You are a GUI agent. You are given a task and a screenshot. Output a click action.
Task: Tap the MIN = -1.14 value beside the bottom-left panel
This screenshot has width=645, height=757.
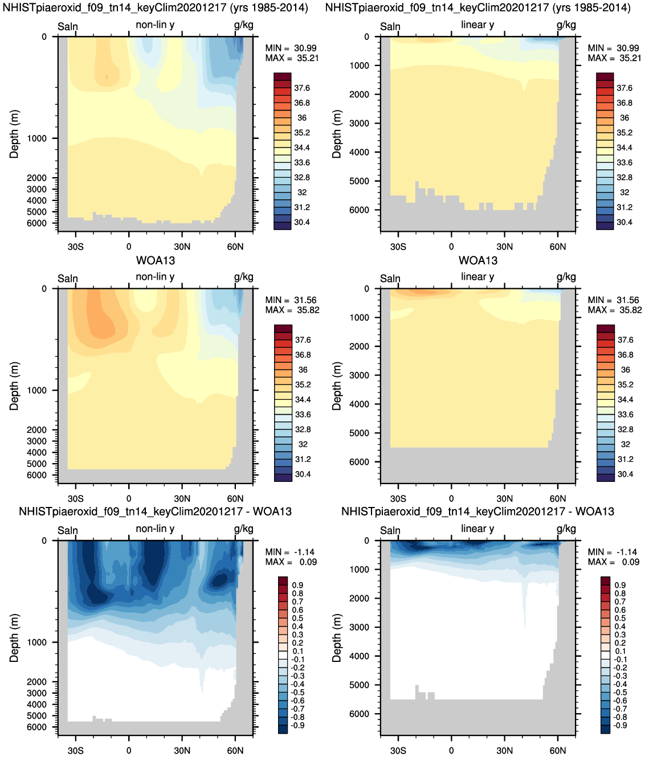(x=289, y=552)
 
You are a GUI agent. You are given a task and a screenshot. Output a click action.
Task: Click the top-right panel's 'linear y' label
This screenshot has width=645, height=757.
(x=477, y=25)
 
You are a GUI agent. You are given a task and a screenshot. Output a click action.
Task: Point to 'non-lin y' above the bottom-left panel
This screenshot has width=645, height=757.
(x=155, y=529)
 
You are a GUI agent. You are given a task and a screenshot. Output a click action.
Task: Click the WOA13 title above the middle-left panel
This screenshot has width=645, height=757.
(x=156, y=260)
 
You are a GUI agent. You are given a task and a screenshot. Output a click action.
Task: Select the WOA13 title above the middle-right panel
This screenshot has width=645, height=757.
(x=478, y=260)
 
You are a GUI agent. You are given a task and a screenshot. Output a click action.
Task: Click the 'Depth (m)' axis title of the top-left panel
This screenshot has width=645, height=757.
(x=14, y=134)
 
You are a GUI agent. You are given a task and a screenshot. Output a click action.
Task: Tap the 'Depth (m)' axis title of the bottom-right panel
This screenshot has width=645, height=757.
(x=337, y=638)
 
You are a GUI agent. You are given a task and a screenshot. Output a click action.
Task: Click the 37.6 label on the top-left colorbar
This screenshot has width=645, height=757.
(x=302, y=88)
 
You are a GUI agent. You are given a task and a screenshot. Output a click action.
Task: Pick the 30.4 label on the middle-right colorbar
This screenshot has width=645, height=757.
(x=625, y=474)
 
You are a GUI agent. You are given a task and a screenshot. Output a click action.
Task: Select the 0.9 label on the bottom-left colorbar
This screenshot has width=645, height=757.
(x=297, y=585)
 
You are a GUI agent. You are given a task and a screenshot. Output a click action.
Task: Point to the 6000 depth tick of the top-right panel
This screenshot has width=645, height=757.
(x=359, y=210)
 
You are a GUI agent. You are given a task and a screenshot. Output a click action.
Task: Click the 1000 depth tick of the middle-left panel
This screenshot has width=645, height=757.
(x=37, y=390)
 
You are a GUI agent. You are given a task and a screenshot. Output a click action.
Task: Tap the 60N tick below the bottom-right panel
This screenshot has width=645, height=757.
(x=558, y=750)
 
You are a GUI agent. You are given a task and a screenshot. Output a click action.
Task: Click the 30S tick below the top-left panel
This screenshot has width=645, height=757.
(x=75, y=247)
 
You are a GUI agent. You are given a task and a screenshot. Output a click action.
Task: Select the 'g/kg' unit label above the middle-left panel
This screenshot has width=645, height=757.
(x=244, y=277)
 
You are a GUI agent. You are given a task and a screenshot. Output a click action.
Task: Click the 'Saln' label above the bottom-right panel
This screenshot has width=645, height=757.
(x=390, y=530)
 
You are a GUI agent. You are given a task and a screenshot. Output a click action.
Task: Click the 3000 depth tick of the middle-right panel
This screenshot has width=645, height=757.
(x=359, y=375)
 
